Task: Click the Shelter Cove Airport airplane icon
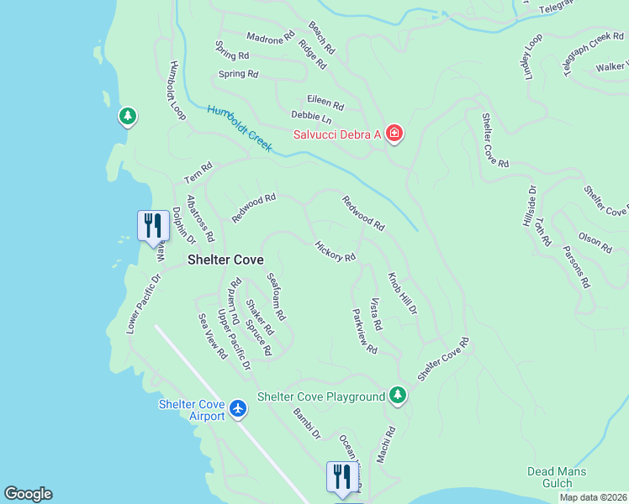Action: click(238, 408)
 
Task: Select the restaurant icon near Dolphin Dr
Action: click(152, 225)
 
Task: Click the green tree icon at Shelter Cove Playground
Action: click(398, 396)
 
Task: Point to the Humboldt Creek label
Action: click(240, 128)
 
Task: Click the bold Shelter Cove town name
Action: click(225, 260)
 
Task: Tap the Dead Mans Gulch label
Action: click(556, 477)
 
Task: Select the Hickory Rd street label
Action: click(335, 251)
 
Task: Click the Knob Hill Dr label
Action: click(402, 293)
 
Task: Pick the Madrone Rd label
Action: click(270, 37)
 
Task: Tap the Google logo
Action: click(28, 494)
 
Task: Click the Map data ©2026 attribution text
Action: click(593, 497)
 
